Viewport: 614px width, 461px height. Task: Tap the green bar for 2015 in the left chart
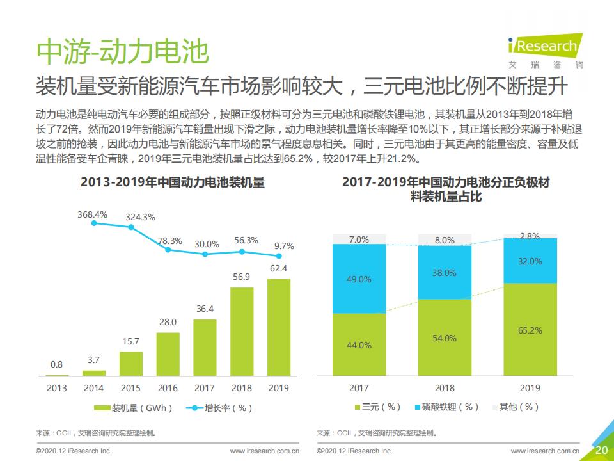point(131,363)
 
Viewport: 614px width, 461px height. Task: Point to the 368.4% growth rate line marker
point(95,223)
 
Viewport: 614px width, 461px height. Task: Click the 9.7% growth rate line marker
point(279,255)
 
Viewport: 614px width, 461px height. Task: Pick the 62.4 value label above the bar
point(279,268)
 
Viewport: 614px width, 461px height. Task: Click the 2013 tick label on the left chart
point(57,388)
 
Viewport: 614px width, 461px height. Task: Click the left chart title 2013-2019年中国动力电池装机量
point(173,182)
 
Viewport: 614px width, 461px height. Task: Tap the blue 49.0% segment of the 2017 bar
point(359,279)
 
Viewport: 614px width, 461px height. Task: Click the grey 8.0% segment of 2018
point(445,239)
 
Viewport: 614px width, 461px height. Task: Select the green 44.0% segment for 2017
point(359,344)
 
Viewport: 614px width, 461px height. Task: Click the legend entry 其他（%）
point(516,407)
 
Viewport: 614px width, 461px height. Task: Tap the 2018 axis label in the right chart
point(445,388)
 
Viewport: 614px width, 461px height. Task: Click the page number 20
point(601,449)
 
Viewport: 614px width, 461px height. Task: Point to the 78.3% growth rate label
point(170,241)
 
